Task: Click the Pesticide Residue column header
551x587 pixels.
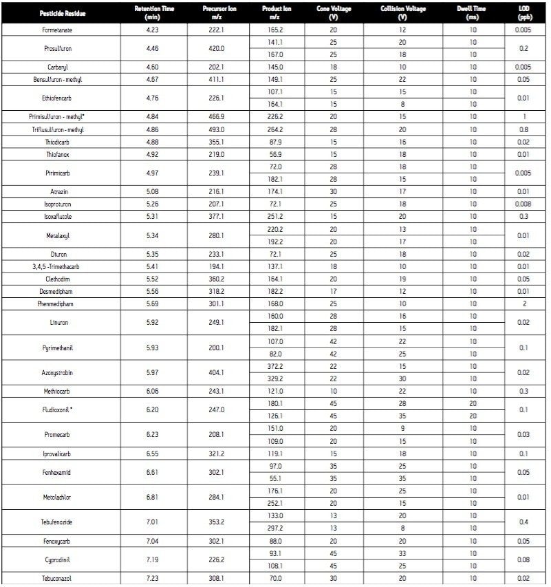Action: click(x=61, y=13)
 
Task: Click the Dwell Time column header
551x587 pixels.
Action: click(x=473, y=13)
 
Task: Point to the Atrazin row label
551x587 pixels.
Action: click(x=61, y=192)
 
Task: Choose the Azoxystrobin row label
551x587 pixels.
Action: click(x=61, y=372)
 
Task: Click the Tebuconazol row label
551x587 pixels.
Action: click(x=61, y=579)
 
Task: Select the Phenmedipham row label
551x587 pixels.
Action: click(x=61, y=303)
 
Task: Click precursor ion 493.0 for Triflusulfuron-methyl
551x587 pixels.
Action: click(x=218, y=130)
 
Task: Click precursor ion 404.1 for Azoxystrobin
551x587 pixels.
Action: click(x=218, y=372)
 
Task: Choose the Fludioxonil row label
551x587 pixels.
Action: click(x=61, y=409)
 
